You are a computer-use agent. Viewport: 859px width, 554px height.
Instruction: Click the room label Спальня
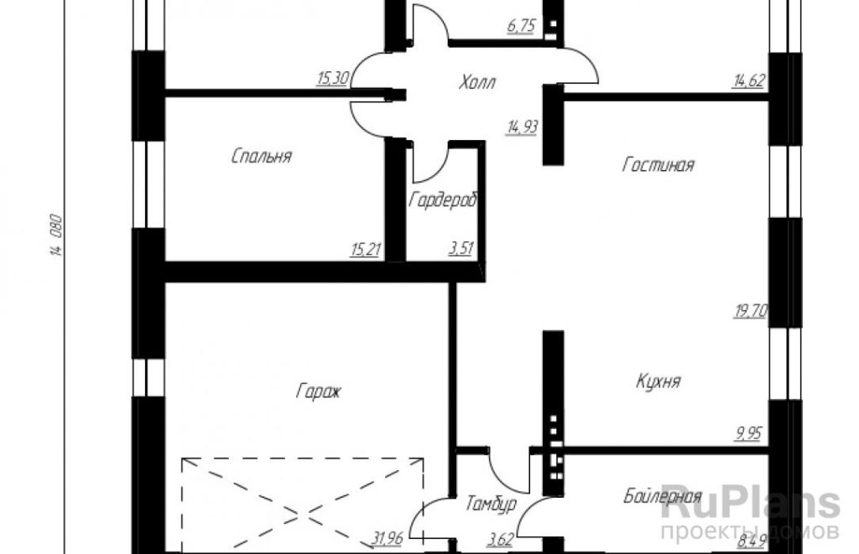(x=262, y=157)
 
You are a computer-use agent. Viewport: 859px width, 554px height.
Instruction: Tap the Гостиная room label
(x=658, y=165)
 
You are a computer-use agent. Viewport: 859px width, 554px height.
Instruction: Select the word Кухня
(x=659, y=381)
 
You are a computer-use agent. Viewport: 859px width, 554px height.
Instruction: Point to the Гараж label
(x=319, y=391)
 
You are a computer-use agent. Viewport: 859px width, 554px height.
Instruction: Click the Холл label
(x=477, y=82)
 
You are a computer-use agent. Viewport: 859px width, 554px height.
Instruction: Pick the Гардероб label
(x=443, y=199)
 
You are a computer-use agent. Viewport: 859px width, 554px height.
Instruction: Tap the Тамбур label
(x=491, y=504)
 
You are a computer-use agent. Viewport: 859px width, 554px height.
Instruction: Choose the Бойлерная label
(x=663, y=496)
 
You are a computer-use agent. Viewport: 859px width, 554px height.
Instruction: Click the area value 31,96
(x=388, y=539)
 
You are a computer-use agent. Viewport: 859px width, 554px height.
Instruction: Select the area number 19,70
(x=751, y=312)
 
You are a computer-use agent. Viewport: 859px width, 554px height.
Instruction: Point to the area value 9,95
(x=748, y=433)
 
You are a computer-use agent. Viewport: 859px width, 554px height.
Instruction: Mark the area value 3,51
(x=461, y=249)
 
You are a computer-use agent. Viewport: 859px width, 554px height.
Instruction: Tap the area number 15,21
(x=366, y=250)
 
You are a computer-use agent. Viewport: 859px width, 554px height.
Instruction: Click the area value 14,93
(x=523, y=127)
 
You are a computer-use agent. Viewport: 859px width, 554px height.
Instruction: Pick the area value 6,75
(x=521, y=26)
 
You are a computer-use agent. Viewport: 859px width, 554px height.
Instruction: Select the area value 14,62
(x=749, y=81)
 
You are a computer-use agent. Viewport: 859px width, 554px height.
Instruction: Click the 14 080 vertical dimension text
(x=57, y=236)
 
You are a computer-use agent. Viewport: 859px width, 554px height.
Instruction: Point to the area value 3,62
(x=500, y=541)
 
